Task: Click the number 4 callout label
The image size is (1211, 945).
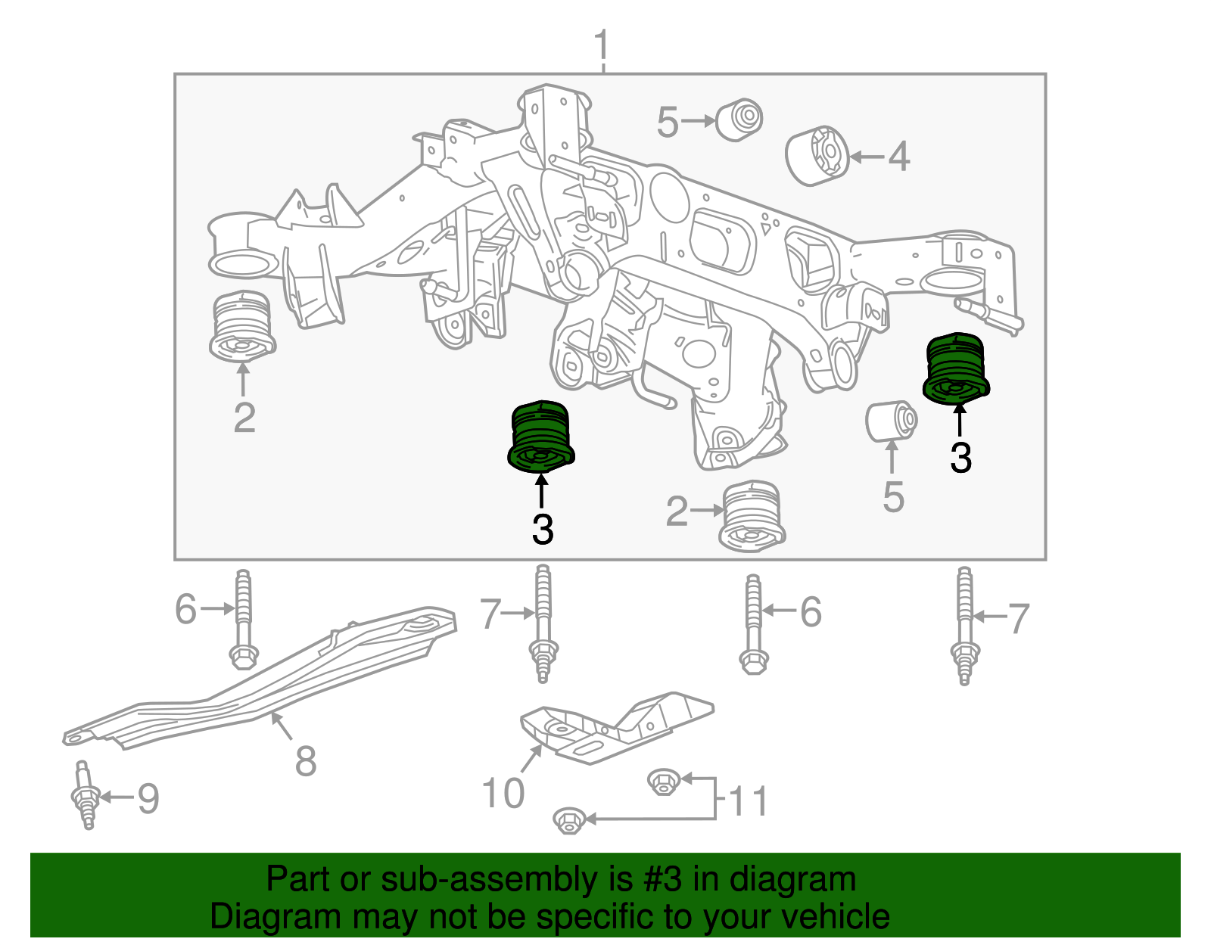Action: click(898, 157)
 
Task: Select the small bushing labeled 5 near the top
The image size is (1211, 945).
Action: click(739, 119)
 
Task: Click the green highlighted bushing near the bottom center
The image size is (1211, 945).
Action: click(540, 436)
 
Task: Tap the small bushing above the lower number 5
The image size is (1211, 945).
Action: click(892, 421)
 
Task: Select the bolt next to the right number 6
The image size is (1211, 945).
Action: click(753, 625)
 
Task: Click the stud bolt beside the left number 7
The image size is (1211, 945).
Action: click(543, 625)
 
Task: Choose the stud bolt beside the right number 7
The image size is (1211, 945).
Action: click(964, 626)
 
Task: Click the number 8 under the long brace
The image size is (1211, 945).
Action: click(306, 760)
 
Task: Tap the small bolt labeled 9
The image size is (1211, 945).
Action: click(86, 796)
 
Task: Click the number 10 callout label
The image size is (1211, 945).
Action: click(503, 793)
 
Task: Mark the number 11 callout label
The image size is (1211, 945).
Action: click(749, 801)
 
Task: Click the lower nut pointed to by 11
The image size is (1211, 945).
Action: click(569, 819)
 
